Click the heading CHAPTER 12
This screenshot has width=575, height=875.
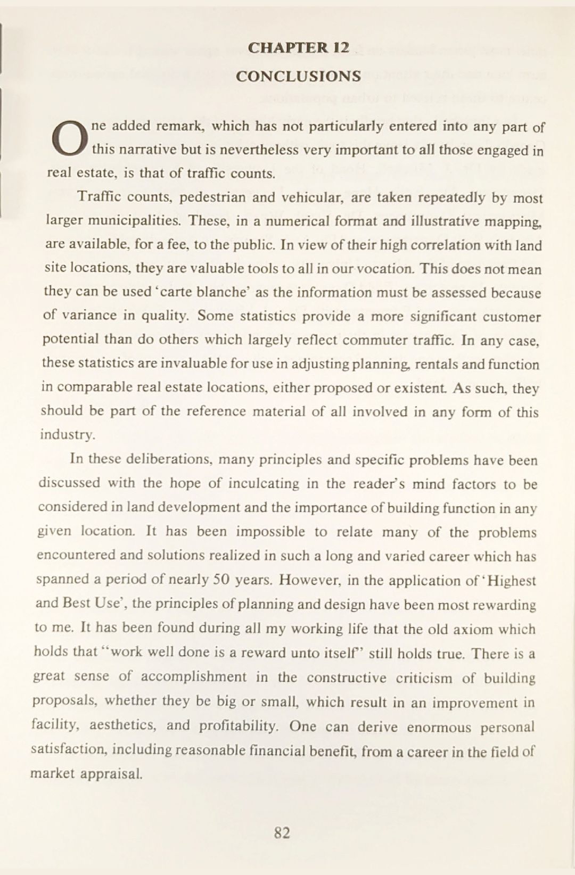click(x=298, y=48)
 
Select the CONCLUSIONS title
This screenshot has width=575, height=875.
click(x=298, y=76)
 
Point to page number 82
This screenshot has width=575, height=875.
click(x=282, y=832)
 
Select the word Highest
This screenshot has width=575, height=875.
click(x=511, y=581)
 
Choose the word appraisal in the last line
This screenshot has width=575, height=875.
click(x=111, y=774)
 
